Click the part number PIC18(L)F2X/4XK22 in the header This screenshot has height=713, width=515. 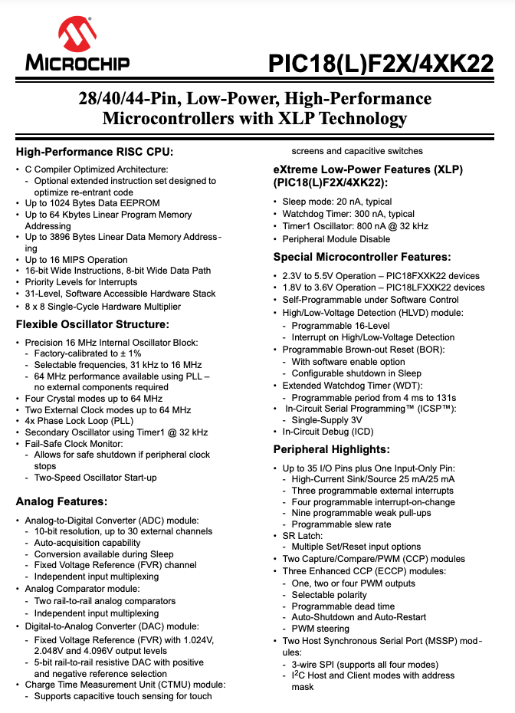381,64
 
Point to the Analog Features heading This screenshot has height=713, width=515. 61,501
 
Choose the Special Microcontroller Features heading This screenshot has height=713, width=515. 362,257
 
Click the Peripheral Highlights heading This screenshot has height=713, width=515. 331,449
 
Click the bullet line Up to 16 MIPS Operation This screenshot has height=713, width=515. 76,260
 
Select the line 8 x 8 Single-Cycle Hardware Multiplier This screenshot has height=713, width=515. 103,306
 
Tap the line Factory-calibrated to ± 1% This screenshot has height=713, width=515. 87,353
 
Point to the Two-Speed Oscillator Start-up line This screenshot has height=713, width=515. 95,478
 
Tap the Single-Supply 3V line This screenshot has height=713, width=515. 326,420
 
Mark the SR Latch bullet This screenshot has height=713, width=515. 304,536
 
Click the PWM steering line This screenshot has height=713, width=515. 320,629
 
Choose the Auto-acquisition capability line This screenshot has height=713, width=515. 87,542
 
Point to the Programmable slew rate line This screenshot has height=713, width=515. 341,524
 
